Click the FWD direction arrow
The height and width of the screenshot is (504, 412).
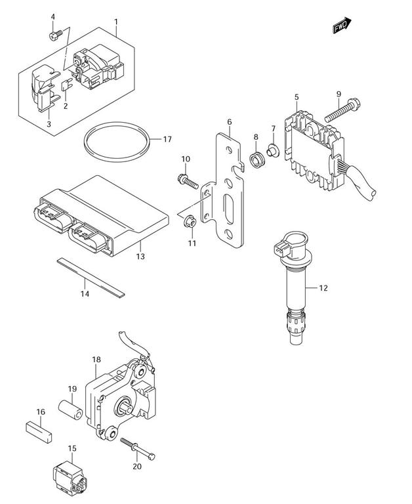tap(341, 27)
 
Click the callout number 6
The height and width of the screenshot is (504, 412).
tap(230, 122)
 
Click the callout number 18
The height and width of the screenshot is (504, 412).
tap(96, 360)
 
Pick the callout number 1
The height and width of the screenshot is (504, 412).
tap(116, 22)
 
